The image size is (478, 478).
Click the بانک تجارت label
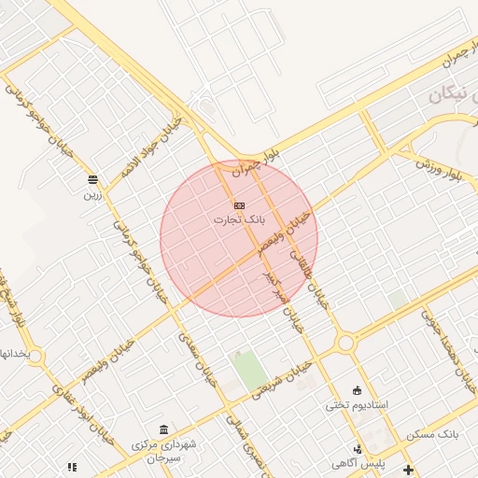(240, 220)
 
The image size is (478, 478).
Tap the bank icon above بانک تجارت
(240, 204)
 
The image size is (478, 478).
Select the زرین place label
(92, 195)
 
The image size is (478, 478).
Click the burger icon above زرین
(92, 179)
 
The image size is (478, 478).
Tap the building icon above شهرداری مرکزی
(164, 429)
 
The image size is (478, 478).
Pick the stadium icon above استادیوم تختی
(357, 389)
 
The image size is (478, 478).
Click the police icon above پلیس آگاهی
(358, 448)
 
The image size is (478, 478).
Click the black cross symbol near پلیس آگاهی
(407, 469)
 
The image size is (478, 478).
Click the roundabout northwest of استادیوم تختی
(346, 343)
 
